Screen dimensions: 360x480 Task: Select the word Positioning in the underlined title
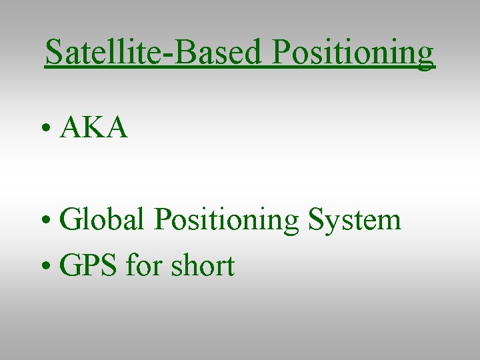353,53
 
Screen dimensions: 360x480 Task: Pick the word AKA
94,127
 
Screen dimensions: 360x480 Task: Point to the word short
203,266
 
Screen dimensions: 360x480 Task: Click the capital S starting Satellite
53,53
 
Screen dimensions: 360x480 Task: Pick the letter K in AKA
94,127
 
